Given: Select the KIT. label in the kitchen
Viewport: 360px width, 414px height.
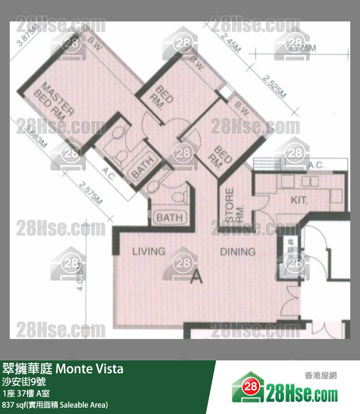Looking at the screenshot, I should coord(300,200).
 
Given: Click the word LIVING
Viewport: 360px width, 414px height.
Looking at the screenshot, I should coord(149,251).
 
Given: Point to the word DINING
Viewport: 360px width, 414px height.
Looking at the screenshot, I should coord(237,251).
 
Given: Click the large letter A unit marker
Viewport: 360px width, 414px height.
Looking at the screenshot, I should coord(196,277).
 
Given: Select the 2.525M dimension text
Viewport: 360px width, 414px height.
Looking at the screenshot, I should coord(274,86).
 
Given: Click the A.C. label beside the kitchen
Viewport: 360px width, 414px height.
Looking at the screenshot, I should coord(316,165).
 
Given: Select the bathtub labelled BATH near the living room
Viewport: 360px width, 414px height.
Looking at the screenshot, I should coord(169,217).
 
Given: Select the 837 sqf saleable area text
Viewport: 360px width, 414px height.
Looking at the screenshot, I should coord(55,405).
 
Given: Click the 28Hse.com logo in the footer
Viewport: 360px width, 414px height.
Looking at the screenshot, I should coord(285,390).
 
